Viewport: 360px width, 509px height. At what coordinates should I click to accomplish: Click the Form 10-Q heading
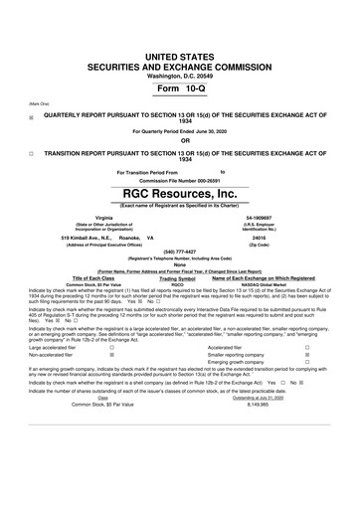pyautogui.click(x=179, y=89)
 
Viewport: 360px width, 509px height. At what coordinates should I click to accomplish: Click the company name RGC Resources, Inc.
pyautogui.click(x=179, y=192)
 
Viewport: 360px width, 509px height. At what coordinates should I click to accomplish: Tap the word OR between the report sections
pyautogui.click(x=179, y=140)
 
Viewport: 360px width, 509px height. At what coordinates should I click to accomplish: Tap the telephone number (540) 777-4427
pyautogui.click(x=179, y=252)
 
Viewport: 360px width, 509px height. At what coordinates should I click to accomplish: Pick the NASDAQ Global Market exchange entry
pyautogui.click(x=264, y=283)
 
